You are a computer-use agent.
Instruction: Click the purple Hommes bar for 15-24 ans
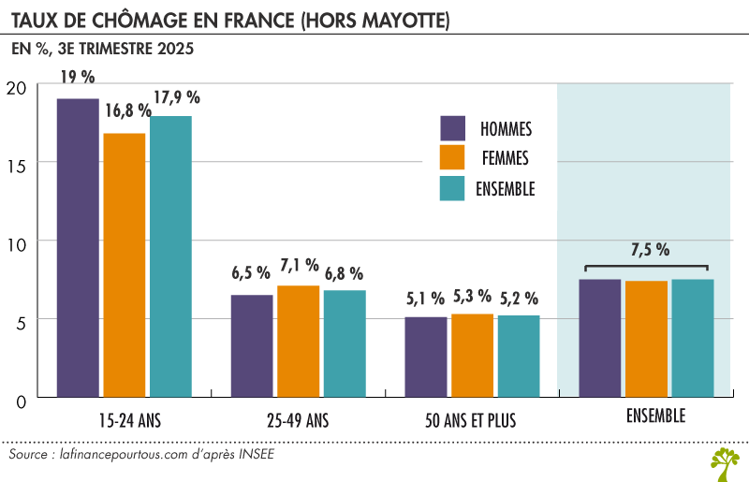[78, 247]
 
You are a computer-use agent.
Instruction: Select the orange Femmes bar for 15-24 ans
[125, 265]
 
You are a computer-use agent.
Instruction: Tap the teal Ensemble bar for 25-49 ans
[345, 343]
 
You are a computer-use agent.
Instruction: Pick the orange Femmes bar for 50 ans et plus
[472, 355]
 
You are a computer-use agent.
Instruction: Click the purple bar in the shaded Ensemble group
[599, 337]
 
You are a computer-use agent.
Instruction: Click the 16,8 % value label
[127, 111]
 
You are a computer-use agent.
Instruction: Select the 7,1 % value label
[299, 265]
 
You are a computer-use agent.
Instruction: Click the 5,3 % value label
[472, 296]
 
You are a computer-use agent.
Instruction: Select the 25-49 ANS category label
[298, 420]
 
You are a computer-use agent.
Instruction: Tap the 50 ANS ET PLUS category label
[473, 420]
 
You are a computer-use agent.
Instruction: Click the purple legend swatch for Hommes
[453, 128]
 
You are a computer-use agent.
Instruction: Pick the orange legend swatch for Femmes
[453, 158]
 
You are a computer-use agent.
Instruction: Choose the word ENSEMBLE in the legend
[506, 188]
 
